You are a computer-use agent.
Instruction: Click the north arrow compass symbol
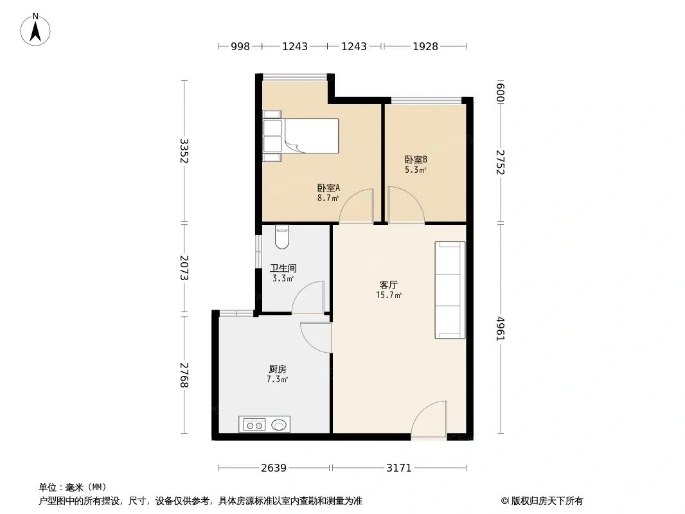[x=35, y=30]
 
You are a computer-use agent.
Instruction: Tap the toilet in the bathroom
[x=282, y=236]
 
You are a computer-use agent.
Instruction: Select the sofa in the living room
[x=450, y=290]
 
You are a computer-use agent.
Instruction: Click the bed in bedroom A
[x=301, y=136]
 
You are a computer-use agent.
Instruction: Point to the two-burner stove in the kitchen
[x=254, y=425]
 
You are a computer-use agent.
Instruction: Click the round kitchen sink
[x=279, y=425]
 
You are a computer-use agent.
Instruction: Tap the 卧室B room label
[x=416, y=160]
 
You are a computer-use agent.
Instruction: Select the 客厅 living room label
[x=388, y=285]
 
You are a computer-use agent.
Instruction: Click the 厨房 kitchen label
[x=278, y=369]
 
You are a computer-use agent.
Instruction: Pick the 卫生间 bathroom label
[x=283, y=268]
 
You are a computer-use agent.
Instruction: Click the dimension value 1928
[x=425, y=46]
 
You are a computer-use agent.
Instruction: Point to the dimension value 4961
[x=501, y=329]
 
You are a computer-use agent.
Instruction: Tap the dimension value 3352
[x=184, y=150]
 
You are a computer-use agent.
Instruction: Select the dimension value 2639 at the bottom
[x=274, y=468]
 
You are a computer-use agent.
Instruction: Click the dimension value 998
[x=240, y=46]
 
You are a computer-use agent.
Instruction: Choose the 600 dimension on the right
[x=501, y=93]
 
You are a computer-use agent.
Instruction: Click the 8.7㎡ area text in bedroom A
[x=328, y=199]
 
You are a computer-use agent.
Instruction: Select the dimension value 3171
[x=399, y=468]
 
